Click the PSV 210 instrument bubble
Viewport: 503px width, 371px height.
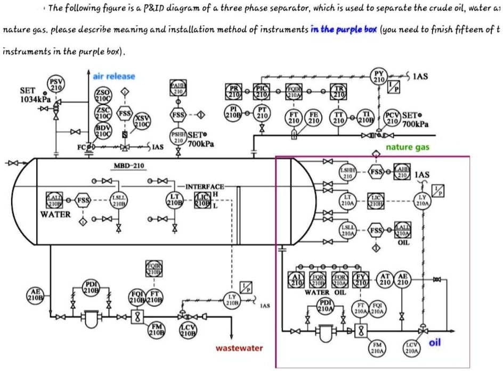(56, 84)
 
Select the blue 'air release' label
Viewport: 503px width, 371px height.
(114, 77)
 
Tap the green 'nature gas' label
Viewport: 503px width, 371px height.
(407, 147)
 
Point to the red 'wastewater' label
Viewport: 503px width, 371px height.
(239, 348)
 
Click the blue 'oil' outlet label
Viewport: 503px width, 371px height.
(435, 343)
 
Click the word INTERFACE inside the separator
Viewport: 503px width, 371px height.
(205, 186)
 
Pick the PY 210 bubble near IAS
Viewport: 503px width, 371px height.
(379, 76)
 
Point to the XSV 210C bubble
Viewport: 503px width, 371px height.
(141, 121)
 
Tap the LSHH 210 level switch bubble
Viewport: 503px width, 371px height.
(347, 172)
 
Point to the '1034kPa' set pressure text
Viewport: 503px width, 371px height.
(35, 100)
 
